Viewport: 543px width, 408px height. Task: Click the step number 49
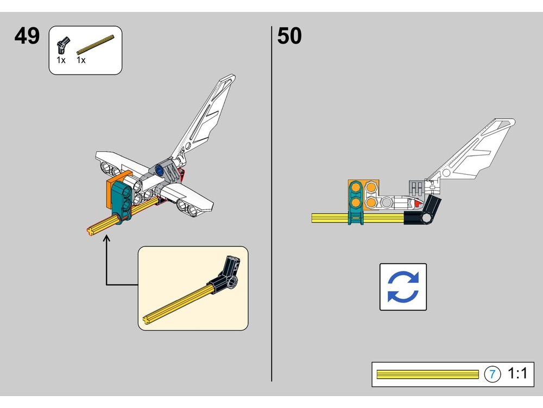(27, 36)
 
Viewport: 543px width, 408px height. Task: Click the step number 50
(289, 36)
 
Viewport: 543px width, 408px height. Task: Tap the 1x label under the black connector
(61, 60)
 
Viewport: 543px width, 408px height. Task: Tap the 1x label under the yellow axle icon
(81, 60)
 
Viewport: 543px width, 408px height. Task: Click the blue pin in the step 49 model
(160, 170)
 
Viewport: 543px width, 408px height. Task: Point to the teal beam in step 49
(123, 201)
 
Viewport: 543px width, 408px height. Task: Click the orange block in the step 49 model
(116, 185)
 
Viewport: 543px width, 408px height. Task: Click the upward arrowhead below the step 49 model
(106, 239)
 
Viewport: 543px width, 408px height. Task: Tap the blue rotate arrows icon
(403, 287)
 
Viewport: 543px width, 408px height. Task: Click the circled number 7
(492, 374)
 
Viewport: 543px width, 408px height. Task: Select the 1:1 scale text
(517, 374)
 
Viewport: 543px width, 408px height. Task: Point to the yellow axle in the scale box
(427, 374)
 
